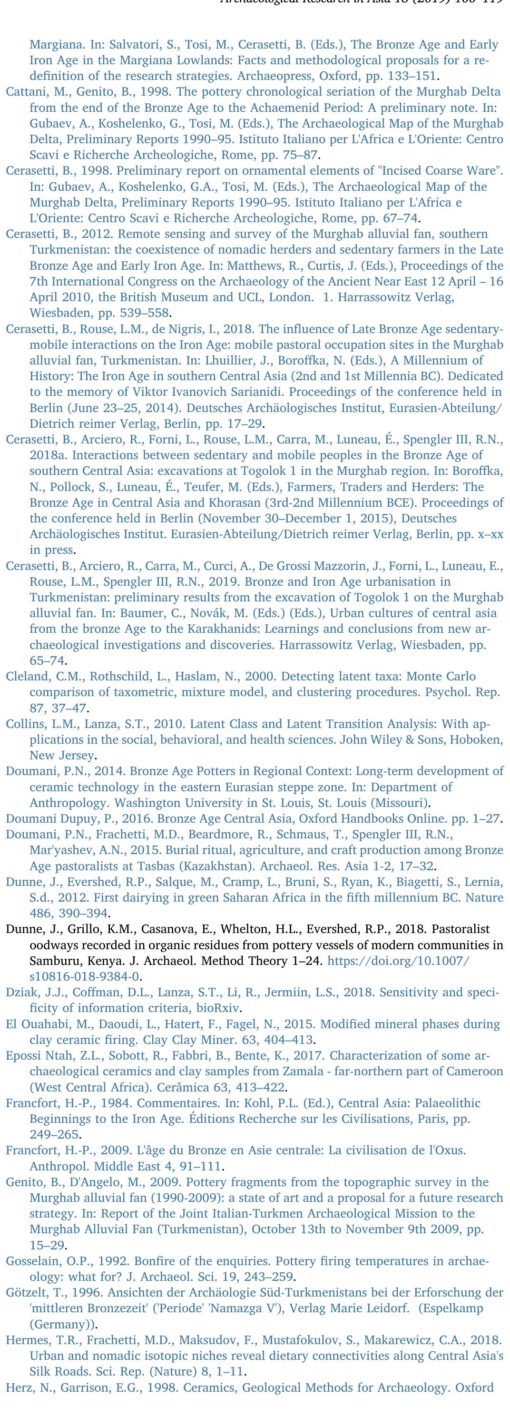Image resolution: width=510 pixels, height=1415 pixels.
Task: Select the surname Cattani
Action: pos(25,92)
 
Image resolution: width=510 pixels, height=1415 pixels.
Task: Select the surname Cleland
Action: pos(24,677)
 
